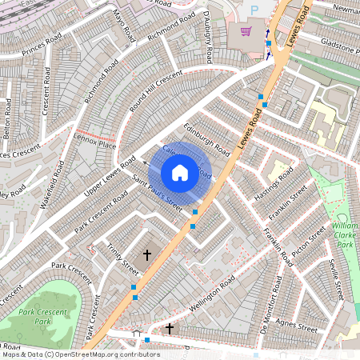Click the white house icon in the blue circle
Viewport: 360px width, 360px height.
tap(180, 172)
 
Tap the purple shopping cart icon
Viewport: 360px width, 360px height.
tap(244, 32)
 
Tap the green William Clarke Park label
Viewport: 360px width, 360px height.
tap(345, 237)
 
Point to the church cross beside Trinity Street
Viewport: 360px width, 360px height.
tap(146, 254)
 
